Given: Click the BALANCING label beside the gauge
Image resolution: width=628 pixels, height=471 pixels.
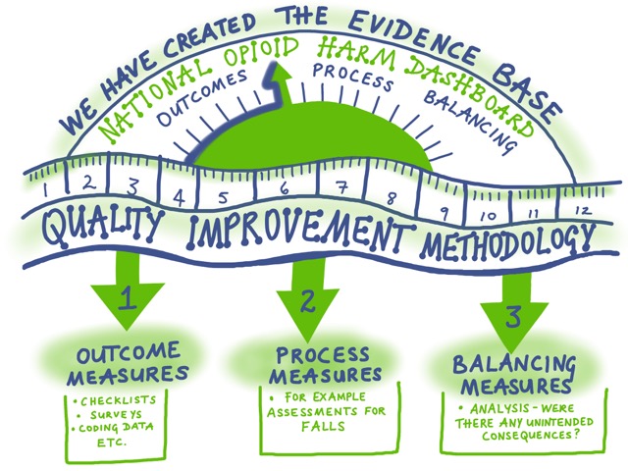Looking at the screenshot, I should coord(471,119).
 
